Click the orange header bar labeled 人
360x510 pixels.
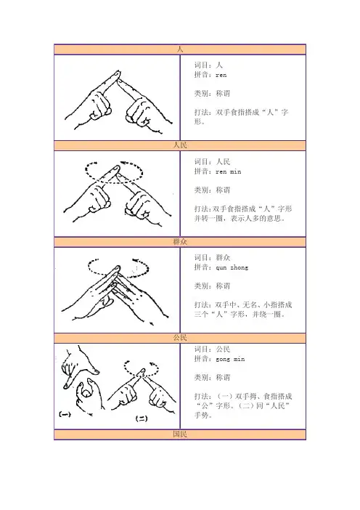coord(180,49)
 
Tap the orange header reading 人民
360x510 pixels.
coord(180,145)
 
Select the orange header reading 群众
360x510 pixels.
coord(180,242)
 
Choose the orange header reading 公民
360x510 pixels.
coord(180,338)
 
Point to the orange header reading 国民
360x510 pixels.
coord(180,434)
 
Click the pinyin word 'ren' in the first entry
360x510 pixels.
coord(221,75)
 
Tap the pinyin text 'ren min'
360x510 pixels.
coord(229,171)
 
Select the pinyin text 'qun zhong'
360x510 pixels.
coord(232,267)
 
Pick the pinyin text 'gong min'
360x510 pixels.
coord(230,359)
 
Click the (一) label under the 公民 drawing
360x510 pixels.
coord(65,414)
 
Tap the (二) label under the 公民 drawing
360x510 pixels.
coord(142,419)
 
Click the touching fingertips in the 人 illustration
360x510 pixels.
coord(118,76)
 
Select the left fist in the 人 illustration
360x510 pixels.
coord(100,107)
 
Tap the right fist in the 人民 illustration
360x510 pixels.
coord(138,206)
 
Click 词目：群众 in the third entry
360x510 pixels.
coord(212,258)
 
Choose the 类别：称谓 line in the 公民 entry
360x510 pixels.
coord(212,377)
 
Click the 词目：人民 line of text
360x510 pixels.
coord(212,162)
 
